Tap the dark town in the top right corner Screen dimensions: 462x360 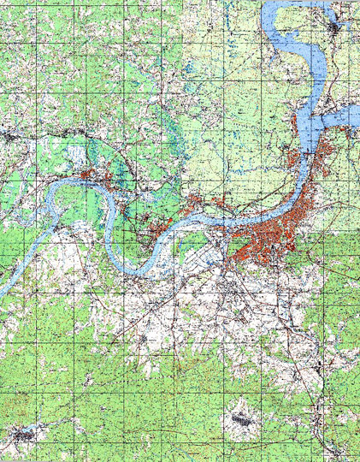coord(339,30)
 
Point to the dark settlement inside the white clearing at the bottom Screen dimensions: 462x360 coord(241,419)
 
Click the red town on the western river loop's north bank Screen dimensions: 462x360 coord(94,176)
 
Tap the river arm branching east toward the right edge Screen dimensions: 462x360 coord(346,115)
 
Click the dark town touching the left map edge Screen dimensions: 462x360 coord(7,134)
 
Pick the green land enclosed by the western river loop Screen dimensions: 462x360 coord(81,210)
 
